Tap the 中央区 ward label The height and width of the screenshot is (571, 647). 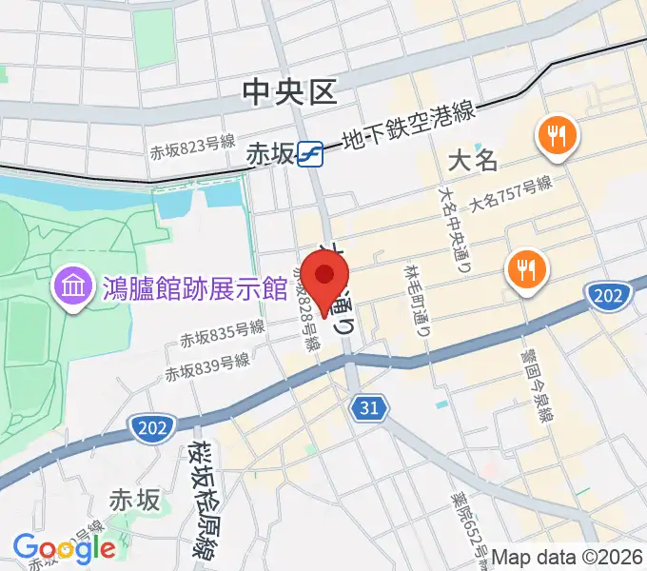pyautogui.click(x=290, y=92)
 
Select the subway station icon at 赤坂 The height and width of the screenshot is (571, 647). pyautogui.click(x=309, y=153)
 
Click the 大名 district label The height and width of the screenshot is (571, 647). pyautogui.click(x=473, y=159)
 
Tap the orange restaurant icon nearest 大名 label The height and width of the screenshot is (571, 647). pyautogui.click(x=557, y=137)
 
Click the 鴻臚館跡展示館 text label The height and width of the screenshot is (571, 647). pyautogui.click(x=195, y=285)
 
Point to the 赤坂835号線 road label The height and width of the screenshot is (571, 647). pyautogui.click(x=223, y=333)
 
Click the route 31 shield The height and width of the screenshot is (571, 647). pyautogui.click(x=368, y=408)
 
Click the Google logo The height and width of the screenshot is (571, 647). pyautogui.click(x=64, y=547)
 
